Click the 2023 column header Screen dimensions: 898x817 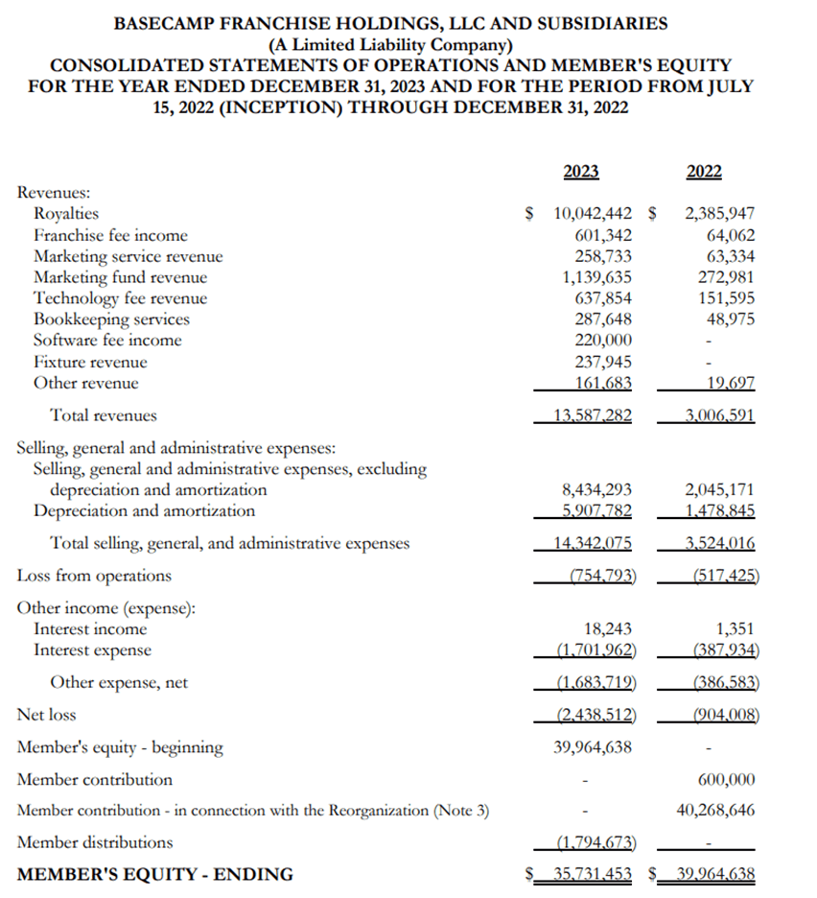580,172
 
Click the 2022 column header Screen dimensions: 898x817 705,172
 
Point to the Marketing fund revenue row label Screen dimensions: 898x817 120,277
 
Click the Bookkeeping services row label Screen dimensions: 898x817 111,319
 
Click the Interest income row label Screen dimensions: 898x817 90,629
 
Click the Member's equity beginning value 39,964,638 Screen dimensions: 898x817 593,746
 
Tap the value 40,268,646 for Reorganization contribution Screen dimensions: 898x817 714,811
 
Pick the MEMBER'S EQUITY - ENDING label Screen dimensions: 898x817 155,874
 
